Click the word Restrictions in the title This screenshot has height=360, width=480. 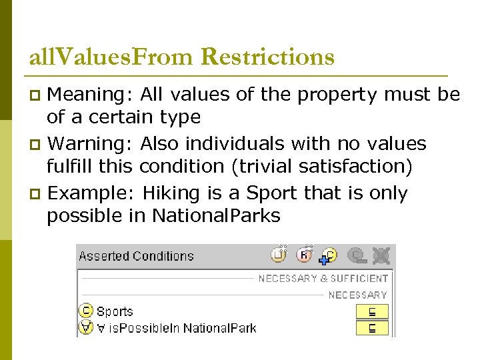click(267, 57)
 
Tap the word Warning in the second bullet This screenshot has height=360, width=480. click(91, 143)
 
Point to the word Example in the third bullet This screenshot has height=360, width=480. click(93, 193)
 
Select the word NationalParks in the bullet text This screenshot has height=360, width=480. click(216, 215)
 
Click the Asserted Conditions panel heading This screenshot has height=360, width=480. click(136, 256)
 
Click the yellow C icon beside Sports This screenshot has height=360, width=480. click(86, 311)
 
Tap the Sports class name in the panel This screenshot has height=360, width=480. click(115, 311)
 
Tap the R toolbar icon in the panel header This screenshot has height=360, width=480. click(305, 255)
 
